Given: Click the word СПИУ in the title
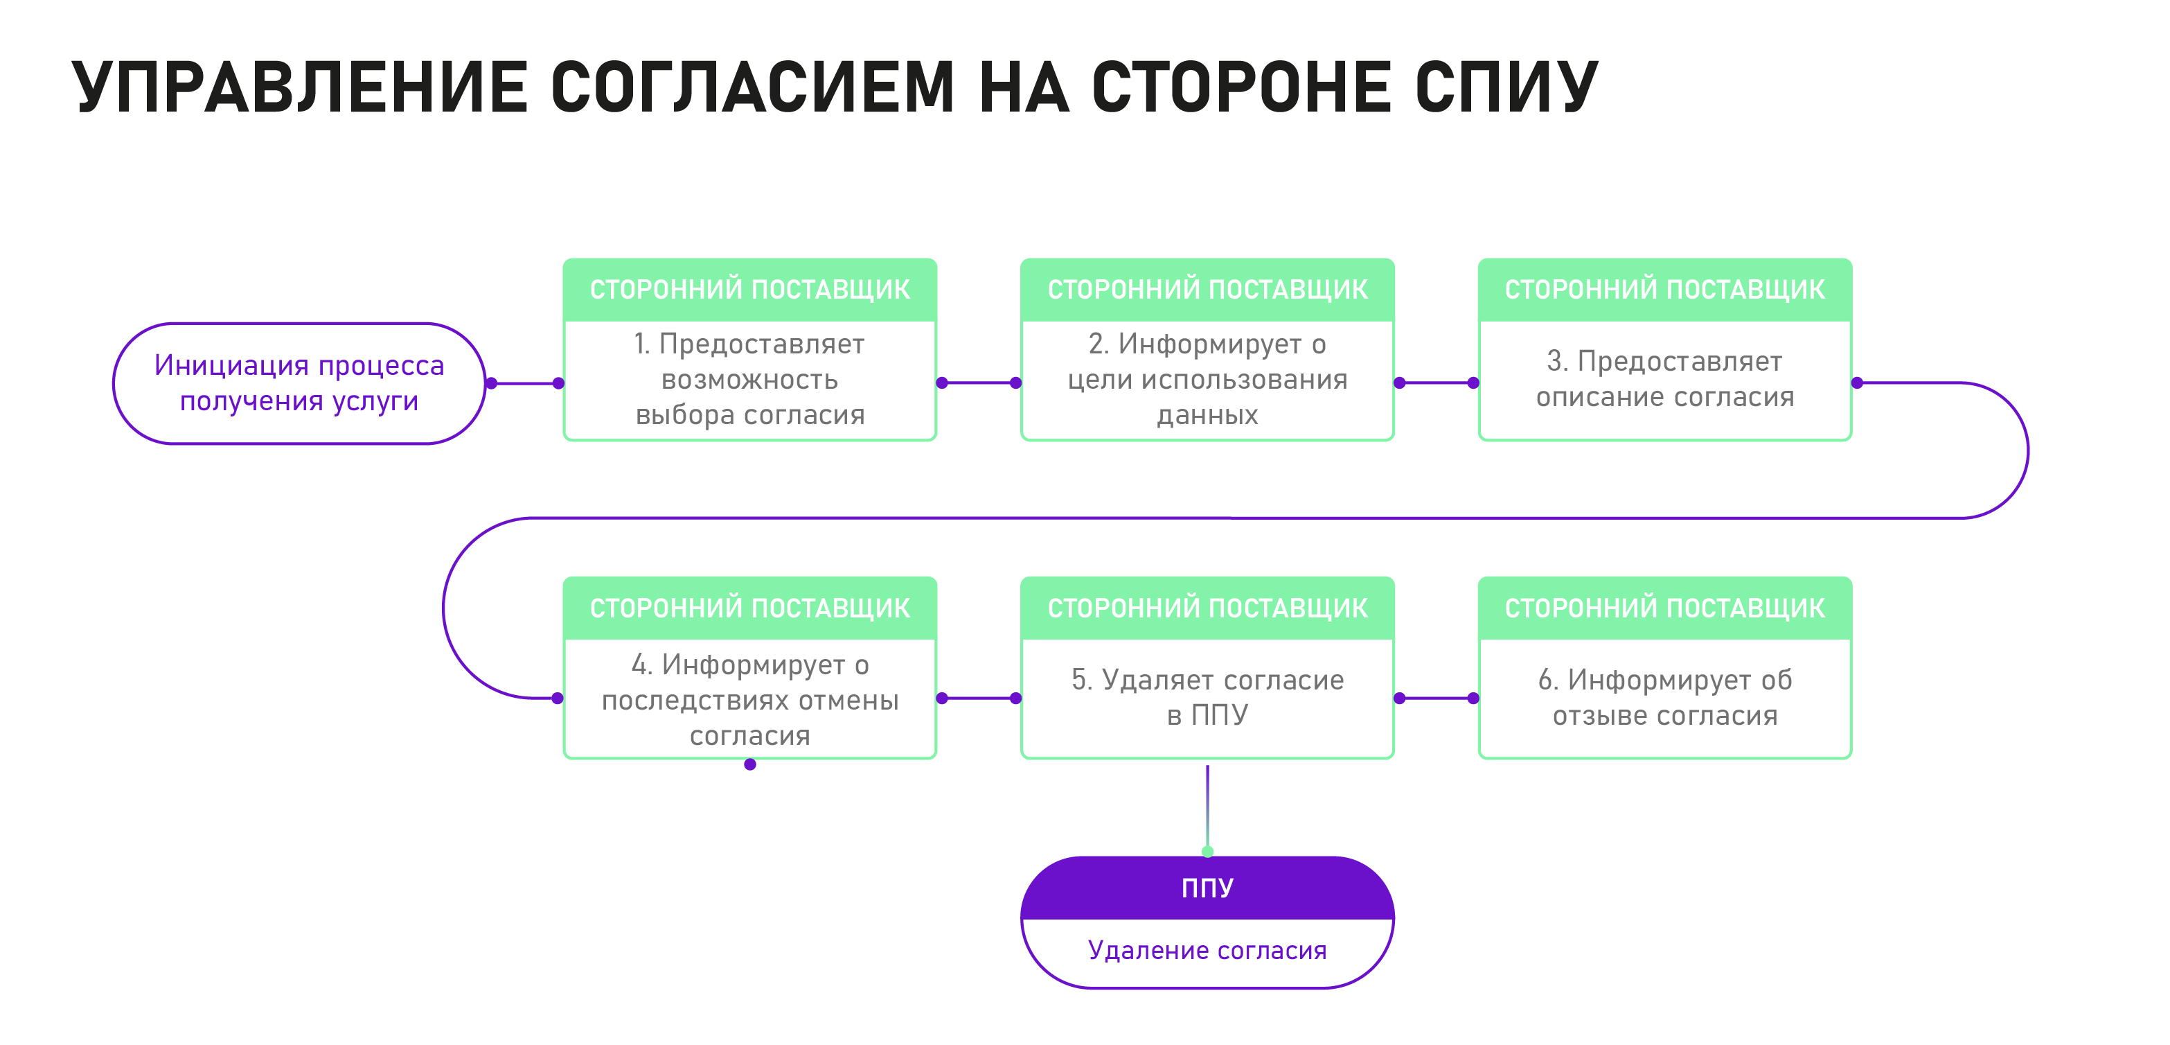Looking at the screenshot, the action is click(x=1506, y=87).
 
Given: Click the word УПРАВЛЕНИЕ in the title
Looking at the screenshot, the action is click(x=300, y=87).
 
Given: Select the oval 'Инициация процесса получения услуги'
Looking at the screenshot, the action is click(x=299, y=383).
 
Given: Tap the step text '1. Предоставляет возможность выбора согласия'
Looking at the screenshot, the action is click(x=749, y=379).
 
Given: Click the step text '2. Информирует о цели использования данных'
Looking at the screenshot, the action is click(x=1207, y=379).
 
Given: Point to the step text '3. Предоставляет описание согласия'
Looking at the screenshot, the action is click(x=1664, y=379).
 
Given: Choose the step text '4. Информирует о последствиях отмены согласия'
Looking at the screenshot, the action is click(x=749, y=701).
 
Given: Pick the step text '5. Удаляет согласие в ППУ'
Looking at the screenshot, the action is click(x=1207, y=697).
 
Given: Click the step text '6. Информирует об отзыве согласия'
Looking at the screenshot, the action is click(x=1664, y=697).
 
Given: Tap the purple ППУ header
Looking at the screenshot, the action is click(x=1207, y=888).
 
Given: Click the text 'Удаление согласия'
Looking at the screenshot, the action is click(x=1207, y=951).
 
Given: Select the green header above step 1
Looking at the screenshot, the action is click(x=749, y=289).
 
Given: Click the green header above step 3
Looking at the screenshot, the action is click(x=1664, y=289).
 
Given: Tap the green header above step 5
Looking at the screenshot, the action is click(x=1207, y=608).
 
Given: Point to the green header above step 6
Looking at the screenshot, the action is click(x=1664, y=608).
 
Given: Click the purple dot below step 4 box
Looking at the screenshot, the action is click(x=749, y=764).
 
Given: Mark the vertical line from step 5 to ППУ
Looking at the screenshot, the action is click(x=1207, y=808).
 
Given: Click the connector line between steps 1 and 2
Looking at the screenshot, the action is click(x=979, y=383).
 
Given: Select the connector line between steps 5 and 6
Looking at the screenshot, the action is click(x=1437, y=698).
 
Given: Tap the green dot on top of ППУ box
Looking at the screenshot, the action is click(x=1207, y=852).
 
